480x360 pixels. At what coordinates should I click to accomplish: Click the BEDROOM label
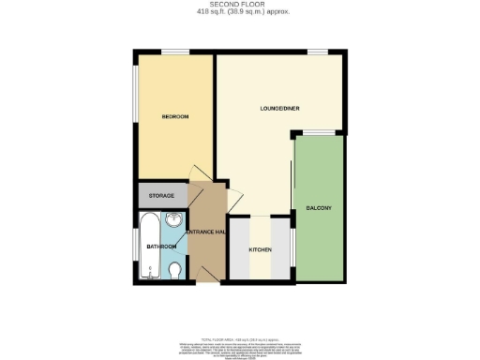[x=175, y=116]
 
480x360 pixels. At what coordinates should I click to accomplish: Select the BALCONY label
[x=319, y=207]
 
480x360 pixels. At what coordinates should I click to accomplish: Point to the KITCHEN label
[x=260, y=250]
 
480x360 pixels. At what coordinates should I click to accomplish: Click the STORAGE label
[x=161, y=196]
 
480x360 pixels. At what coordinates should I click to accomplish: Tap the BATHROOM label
[x=160, y=247]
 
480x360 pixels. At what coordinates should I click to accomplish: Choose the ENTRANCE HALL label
[x=206, y=232]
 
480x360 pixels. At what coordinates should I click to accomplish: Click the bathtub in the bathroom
[x=150, y=247]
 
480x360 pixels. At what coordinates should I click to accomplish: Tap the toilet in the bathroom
[x=176, y=272]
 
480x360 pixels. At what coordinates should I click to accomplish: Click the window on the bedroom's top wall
[x=174, y=52]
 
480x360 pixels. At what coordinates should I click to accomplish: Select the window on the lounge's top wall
[x=320, y=52]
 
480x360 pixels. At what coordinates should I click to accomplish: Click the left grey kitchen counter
[x=240, y=247]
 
